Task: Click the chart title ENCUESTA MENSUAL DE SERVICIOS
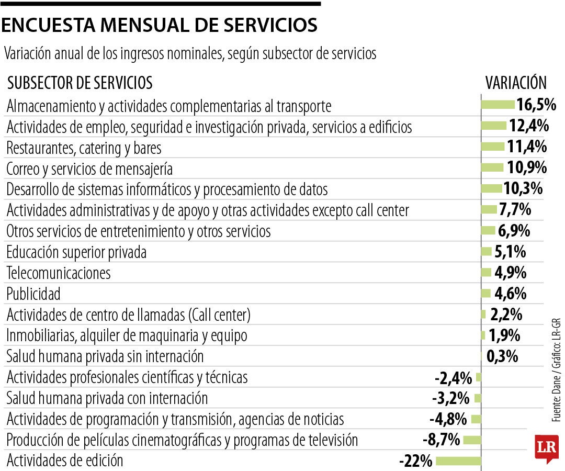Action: coord(159,25)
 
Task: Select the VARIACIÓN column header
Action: coord(516,83)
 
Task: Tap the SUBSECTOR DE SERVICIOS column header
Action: coord(80,83)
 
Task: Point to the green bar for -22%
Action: coord(458,461)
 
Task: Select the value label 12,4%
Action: coord(528,126)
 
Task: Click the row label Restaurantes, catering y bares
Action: coord(84,148)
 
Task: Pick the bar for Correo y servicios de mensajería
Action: coord(492,167)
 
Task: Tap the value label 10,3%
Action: coord(523,188)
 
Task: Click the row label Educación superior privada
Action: coord(76,252)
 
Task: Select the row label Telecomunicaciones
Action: coord(59,273)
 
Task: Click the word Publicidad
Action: coord(33,294)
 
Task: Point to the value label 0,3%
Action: coord(502,357)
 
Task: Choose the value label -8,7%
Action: coord(441,440)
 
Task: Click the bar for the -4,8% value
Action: coord(476,419)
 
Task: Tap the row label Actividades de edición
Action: coord(65,461)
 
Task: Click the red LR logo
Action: coord(546,447)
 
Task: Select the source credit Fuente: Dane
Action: coord(556,398)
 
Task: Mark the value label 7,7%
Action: coord(515,210)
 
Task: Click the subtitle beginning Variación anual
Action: coord(190,54)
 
